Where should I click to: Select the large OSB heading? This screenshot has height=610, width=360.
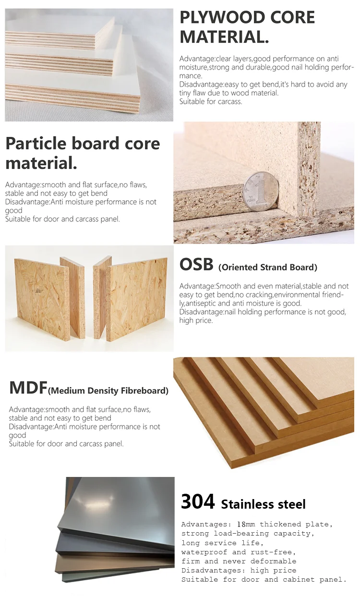pos(196,265)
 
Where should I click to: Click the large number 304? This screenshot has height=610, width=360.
pos(198,501)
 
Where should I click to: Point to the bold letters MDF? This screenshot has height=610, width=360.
pos(28,388)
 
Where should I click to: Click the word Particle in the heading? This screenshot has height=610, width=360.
pos(36,143)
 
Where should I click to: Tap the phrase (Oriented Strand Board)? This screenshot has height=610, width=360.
pos(268,267)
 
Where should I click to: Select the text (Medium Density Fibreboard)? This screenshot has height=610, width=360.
pos(108,390)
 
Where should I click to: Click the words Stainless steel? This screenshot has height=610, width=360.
pos(264,504)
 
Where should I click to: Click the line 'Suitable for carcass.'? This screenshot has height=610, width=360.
pos(211,101)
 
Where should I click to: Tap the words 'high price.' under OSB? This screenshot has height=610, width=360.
pos(196,320)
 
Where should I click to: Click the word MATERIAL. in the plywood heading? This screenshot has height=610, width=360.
pos(224,37)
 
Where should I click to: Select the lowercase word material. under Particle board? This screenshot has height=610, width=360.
pos(41,163)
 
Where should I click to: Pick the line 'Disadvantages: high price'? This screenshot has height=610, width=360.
pos(239,570)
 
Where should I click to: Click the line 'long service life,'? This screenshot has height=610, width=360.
pos(222,543)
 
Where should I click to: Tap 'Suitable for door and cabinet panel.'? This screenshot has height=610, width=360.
pos(264,579)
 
